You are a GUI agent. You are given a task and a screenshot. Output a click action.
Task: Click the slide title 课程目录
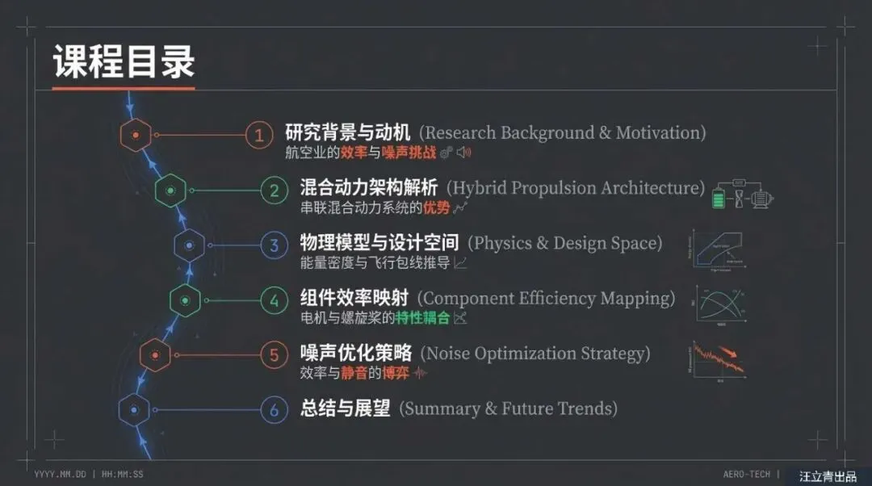124,62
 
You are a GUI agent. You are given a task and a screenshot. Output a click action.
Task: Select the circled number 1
259,135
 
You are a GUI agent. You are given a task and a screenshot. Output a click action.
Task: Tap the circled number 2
275,191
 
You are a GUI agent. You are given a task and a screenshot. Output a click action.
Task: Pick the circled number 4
275,301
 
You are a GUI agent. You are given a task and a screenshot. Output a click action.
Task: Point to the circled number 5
275,354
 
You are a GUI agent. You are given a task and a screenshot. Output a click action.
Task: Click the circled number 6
275,410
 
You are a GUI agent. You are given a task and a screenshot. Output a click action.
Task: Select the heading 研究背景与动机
348,132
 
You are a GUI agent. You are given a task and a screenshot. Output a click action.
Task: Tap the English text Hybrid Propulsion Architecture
576,188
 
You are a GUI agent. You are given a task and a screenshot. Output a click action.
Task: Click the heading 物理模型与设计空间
379,243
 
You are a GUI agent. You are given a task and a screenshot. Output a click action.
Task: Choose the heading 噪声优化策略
356,354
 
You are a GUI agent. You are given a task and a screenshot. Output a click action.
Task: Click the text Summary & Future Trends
509,408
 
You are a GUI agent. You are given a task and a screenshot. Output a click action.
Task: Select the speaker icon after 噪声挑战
463,152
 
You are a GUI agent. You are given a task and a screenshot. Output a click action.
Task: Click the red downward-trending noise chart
718,360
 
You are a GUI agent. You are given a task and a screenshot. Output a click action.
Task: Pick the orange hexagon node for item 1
135,135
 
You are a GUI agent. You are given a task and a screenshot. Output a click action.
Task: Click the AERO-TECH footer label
746,474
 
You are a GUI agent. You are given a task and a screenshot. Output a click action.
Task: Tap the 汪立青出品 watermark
828,476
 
